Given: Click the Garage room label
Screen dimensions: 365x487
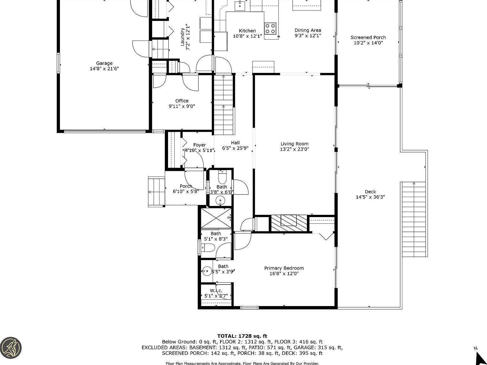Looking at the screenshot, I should click(104, 63).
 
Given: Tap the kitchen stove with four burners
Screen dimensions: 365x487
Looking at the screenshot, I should click(270, 28).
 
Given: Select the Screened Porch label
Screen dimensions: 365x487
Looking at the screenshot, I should click(368, 37).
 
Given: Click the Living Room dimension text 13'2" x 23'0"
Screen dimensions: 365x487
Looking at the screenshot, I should click(294, 149).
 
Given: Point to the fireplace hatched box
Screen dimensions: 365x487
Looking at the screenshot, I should click(289, 224).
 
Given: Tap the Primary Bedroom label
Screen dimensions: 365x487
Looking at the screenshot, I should click(284, 268).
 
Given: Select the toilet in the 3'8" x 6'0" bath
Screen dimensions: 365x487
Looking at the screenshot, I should click(222, 177).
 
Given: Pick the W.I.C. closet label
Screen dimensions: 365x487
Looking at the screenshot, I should click(216, 291).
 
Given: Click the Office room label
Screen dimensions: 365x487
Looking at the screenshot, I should click(182, 101).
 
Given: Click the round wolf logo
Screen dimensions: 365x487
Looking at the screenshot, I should click(10, 347).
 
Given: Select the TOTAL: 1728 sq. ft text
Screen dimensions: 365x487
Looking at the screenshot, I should click(242, 336).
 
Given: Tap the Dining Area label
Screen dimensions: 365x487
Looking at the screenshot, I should click(308, 30).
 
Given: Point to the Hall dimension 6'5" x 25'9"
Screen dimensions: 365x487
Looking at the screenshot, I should click(235, 148).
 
